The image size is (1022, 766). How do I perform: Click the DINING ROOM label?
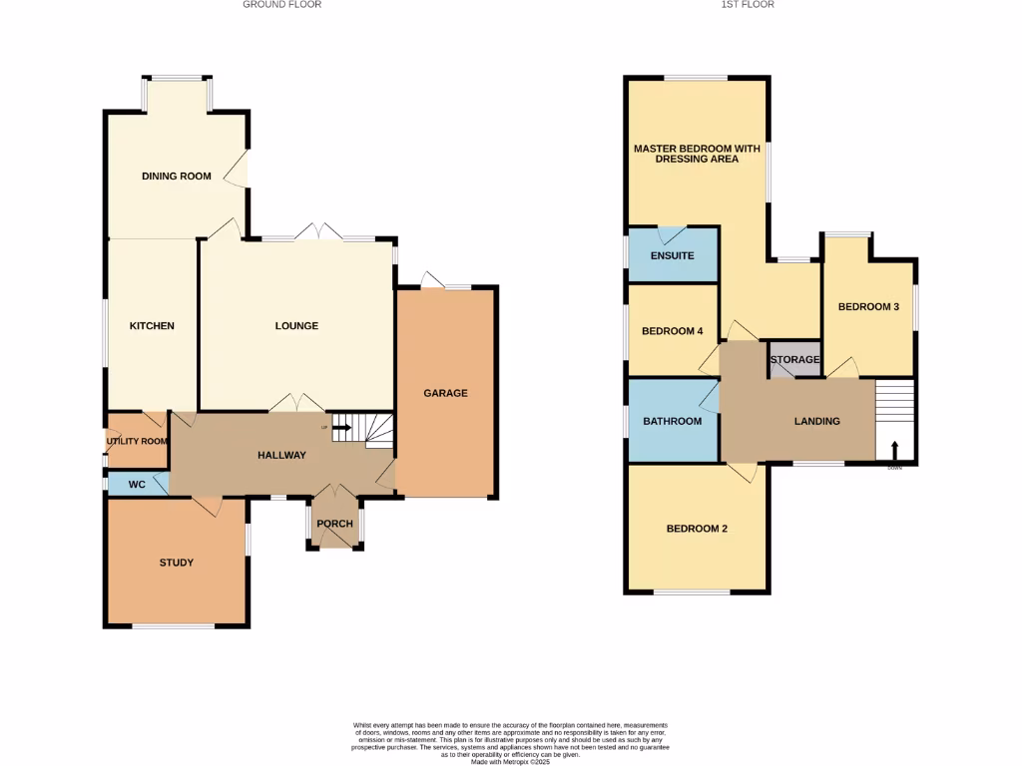(177, 177)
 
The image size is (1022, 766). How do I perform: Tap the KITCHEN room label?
(152, 326)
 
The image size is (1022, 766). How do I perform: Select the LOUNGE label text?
(296, 326)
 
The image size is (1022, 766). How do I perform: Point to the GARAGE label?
(445, 393)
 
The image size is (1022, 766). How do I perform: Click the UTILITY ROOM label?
(138, 441)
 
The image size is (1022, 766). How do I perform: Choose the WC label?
(138, 484)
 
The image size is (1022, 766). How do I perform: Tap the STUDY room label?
(177, 563)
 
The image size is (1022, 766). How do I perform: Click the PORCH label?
(334, 525)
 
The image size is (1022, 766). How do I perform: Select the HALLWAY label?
(281, 455)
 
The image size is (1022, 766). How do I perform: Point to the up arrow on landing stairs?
(894, 448)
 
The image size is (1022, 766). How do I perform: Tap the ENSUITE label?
(672, 256)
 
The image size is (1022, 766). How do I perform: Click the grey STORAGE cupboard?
(794, 359)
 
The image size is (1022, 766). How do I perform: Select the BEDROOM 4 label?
(672, 331)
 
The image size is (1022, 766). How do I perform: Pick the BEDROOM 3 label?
(868, 307)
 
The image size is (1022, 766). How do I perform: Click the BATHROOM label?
(672, 421)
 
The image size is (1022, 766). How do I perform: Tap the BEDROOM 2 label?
(697, 529)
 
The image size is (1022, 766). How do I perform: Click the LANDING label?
(816, 421)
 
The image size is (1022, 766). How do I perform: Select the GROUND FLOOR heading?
(282, 5)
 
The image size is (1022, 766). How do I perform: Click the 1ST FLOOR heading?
(748, 5)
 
